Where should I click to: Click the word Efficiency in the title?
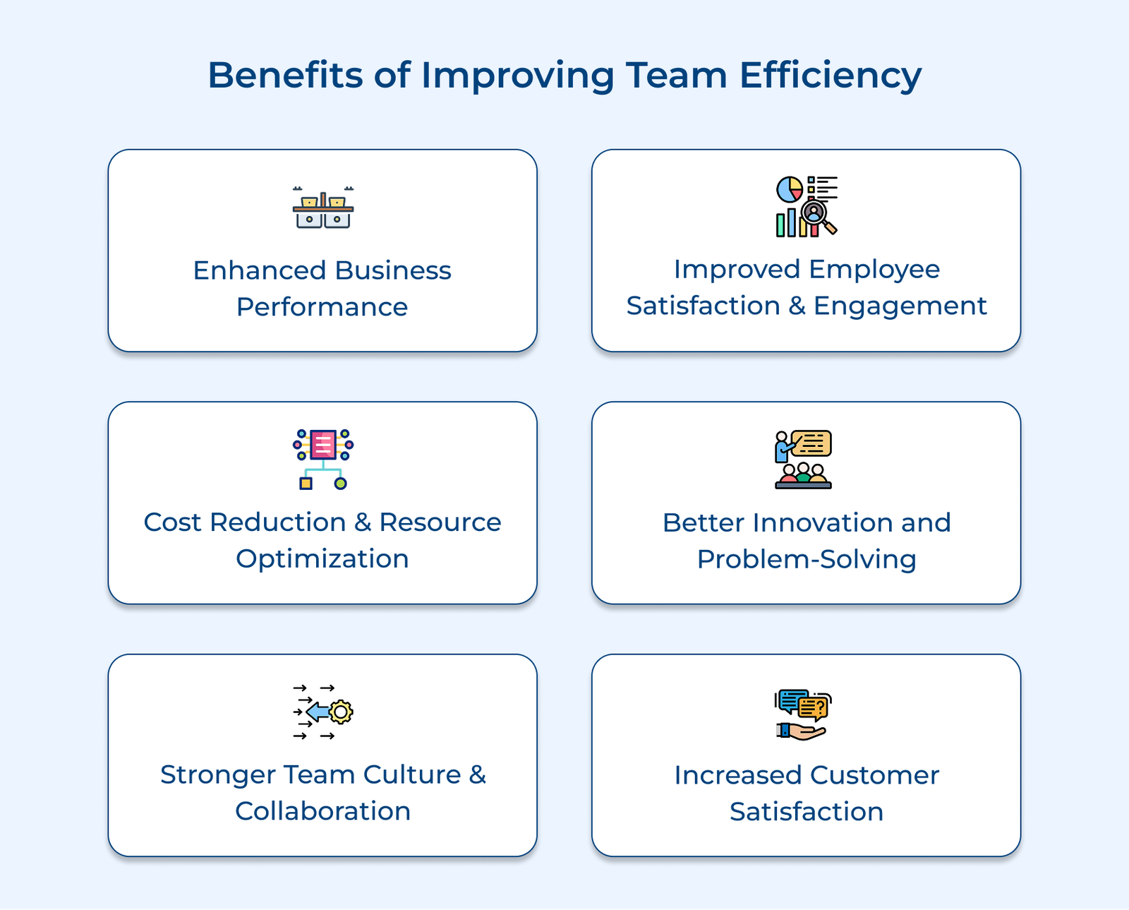830,76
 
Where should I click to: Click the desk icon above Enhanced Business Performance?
323,208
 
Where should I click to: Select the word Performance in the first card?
322,307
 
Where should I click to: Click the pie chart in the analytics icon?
789,189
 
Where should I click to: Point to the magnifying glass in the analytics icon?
818,215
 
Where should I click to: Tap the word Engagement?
900,306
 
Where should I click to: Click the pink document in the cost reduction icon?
323,444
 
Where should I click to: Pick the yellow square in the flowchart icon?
306,484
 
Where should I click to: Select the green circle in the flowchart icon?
341,484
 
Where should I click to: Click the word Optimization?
322,559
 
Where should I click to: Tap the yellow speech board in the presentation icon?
812,443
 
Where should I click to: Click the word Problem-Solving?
806,560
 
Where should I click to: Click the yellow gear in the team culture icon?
341,712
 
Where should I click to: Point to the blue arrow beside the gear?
317,712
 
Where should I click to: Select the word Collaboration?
322,811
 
